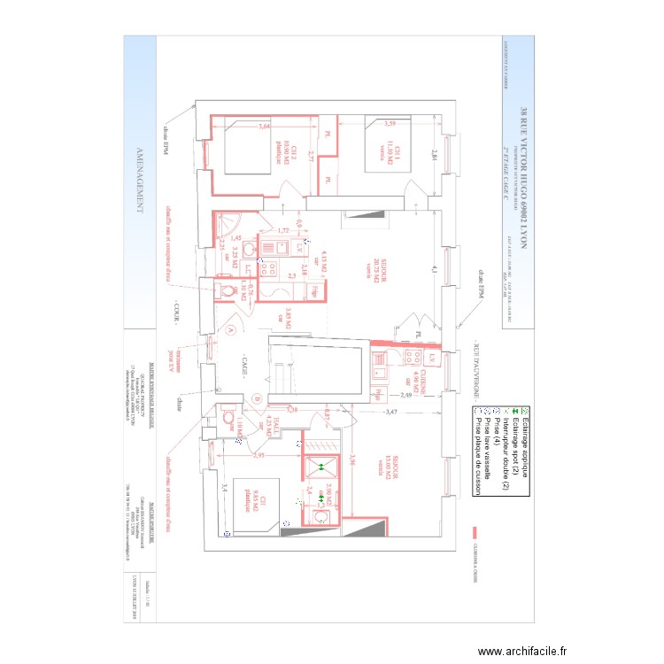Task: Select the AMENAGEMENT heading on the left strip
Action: tap(139, 181)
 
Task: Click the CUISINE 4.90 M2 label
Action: tap(421, 384)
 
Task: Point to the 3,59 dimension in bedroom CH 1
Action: tap(390, 123)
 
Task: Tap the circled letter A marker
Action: tap(232, 328)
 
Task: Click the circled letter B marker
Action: tap(256, 398)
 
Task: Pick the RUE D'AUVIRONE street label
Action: tap(475, 364)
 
